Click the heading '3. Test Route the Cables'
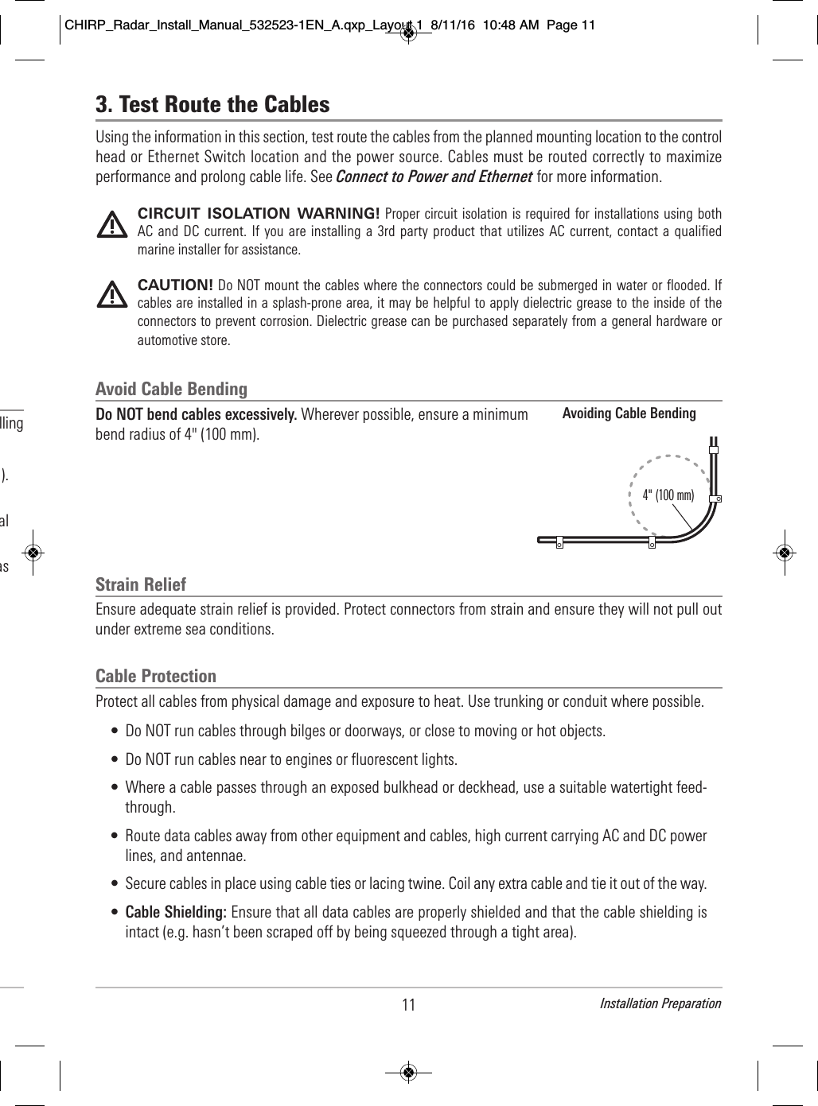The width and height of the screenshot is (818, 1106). tap(212, 104)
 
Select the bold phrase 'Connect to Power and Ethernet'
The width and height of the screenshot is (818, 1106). tap(434, 177)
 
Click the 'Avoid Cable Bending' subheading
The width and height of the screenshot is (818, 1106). tap(171, 389)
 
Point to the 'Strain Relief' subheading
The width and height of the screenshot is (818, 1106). tap(141, 584)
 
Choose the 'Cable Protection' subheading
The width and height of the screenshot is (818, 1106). tap(156, 676)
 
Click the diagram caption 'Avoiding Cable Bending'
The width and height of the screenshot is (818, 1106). tap(629, 413)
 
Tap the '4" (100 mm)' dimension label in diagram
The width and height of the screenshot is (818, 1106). tap(668, 495)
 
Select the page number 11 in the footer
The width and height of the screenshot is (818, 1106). tap(408, 1005)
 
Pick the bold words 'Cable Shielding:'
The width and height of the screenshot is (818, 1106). tap(176, 911)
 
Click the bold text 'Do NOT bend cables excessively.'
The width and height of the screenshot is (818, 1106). tap(197, 415)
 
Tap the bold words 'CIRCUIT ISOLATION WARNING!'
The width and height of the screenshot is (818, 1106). tap(259, 214)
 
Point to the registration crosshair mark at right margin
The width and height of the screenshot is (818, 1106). tap(785, 553)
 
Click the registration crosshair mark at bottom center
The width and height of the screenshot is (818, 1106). tap(408, 1072)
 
